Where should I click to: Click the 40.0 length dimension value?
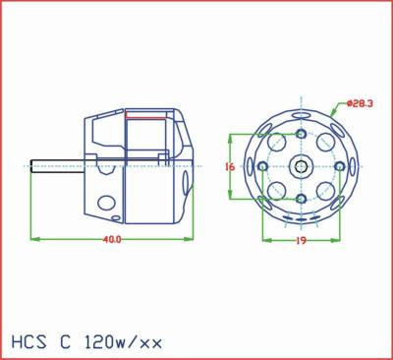click(112, 239)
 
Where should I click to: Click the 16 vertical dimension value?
click(230, 167)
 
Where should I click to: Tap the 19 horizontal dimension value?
click(301, 241)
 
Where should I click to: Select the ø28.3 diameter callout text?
click(360, 104)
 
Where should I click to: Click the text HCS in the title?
click(29, 342)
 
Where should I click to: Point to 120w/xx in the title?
click(123, 342)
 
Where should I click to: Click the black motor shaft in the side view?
click(57, 166)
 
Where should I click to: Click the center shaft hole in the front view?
click(301, 167)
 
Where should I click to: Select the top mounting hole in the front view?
click(301, 134)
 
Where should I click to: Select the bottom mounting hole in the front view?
click(301, 199)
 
